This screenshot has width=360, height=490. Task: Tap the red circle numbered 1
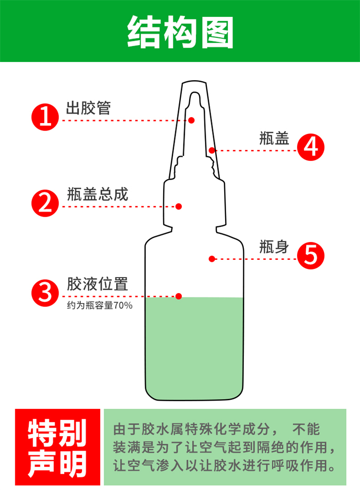[45, 117]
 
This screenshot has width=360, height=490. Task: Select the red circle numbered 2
[45, 203]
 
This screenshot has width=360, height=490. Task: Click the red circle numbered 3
[45, 293]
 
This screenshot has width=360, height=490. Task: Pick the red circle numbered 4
[311, 147]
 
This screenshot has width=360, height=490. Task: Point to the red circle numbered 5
[311, 255]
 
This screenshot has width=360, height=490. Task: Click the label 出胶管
[88, 108]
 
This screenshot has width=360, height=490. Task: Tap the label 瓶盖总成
[98, 194]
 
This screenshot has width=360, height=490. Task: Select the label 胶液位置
[97, 284]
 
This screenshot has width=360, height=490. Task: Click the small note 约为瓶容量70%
[100, 306]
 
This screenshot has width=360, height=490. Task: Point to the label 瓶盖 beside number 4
[274, 138]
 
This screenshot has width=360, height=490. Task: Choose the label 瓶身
[274, 247]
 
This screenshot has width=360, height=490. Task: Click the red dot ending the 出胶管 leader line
[192, 120]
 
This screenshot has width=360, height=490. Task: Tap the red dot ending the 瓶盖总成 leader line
[179, 206]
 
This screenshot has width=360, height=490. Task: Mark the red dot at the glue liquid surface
[179, 296]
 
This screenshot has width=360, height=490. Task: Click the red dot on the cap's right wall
[212, 150]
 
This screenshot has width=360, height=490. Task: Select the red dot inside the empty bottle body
[212, 259]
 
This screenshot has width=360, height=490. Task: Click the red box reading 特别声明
[58, 447]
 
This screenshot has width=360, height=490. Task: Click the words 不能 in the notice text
[306, 429]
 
